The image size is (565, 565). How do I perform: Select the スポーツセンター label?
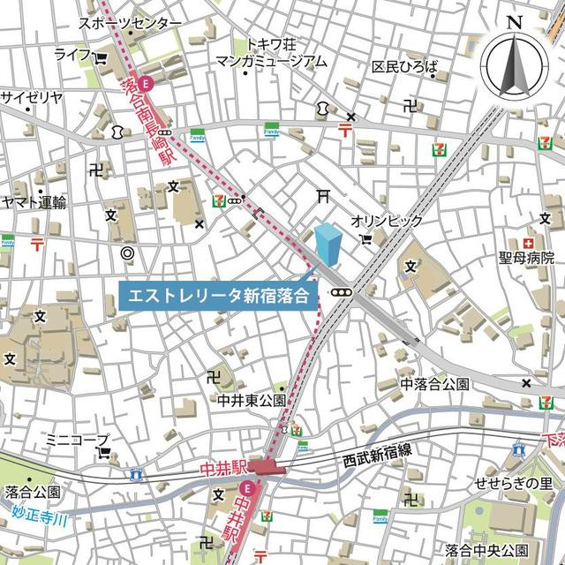pyautogui.click(x=130, y=23)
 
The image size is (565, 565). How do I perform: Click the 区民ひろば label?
pyautogui.click(x=404, y=67)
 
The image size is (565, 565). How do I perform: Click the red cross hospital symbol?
pyautogui.click(x=528, y=243)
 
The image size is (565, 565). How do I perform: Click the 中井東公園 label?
pyautogui.click(x=252, y=400)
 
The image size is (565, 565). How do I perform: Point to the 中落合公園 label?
pyautogui.click(x=435, y=384)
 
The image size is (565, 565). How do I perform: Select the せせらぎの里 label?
pyautogui.click(x=514, y=483)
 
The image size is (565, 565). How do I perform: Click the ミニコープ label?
pyautogui.click(x=77, y=439)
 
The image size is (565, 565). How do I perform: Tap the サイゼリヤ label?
pyautogui.click(x=32, y=96)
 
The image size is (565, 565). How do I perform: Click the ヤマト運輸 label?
pyautogui.click(x=34, y=202)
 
